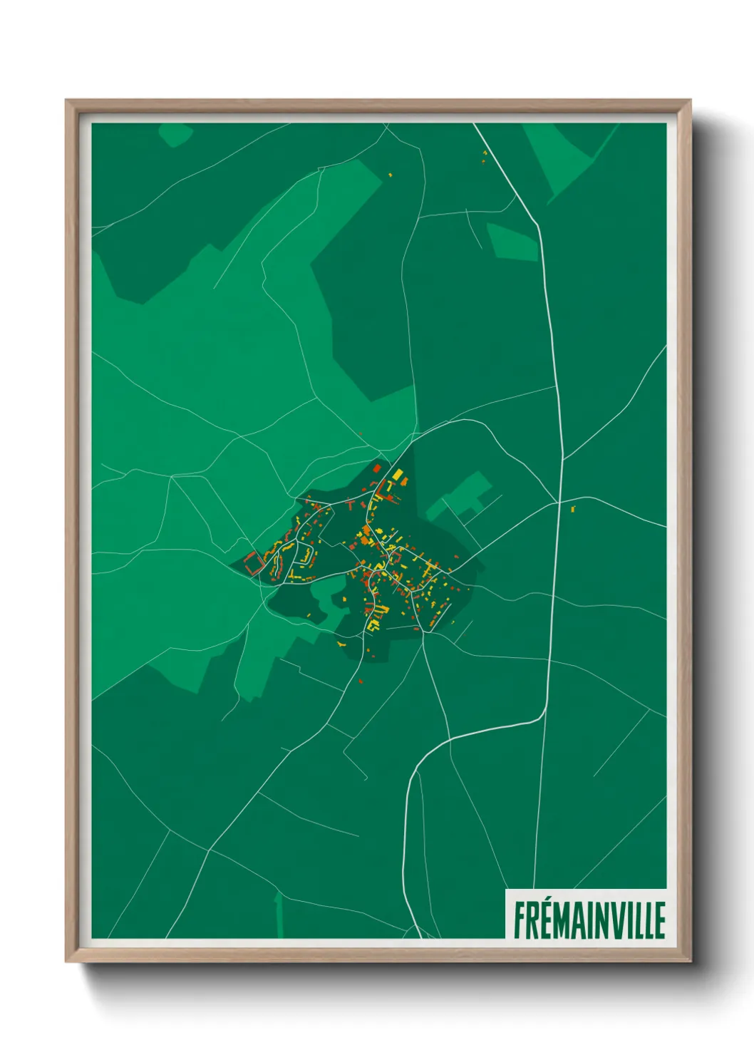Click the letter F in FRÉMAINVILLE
520,920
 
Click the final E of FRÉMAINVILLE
660,920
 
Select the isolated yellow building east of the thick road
572,508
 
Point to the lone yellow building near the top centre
391,173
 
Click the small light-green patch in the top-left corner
175,133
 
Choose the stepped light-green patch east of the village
463,495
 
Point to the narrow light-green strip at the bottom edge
279,916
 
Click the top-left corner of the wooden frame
68,102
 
